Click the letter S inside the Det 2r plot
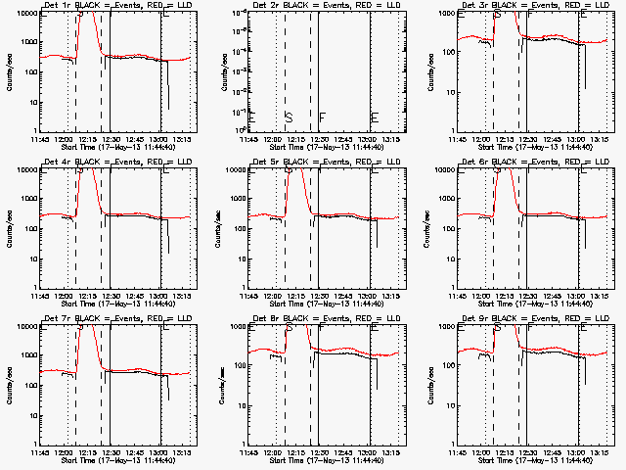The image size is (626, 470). pyautogui.click(x=289, y=117)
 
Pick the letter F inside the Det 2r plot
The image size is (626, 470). pyautogui.click(x=322, y=117)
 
